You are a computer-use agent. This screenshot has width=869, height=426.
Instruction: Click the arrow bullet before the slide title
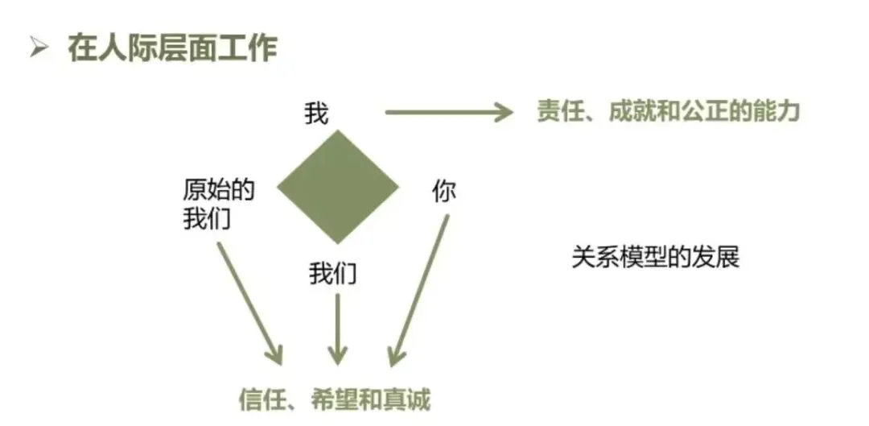click(38, 48)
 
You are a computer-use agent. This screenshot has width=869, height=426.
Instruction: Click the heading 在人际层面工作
click(173, 48)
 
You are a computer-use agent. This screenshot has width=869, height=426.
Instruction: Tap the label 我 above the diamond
click(316, 114)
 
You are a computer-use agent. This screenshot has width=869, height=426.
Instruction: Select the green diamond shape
click(338, 187)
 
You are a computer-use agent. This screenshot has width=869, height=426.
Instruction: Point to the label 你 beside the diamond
click(443, 191)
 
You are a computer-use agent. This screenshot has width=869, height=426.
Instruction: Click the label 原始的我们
click(218, 205)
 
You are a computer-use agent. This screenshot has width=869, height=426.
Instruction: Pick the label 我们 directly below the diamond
click(332, 275)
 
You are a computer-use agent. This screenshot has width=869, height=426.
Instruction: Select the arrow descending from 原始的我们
click(249, 301)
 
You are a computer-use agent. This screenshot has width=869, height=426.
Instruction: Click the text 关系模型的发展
click(655, 258)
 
